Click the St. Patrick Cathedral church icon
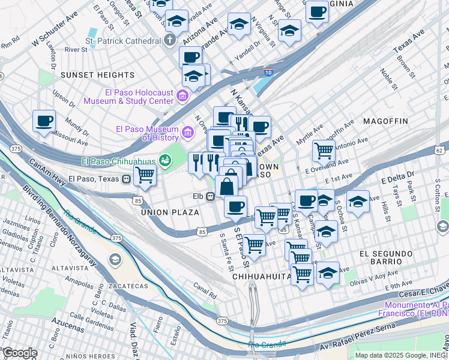pyautogui.click(x=170, y=41)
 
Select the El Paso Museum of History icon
pyautogui.click(x=188, y=131)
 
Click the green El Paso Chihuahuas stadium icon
pyautogui.click(x=163, y=161)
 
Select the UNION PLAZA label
pyautogui.click(x=170, y=212)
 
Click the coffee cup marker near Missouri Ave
pyautogui.click(x=44, y=121)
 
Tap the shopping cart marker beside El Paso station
pyautogui.click(x=145, y=175)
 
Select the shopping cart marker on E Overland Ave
pyautogui.click(x=324, y=150)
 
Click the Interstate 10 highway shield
pyautogui.click(x=267, y=73)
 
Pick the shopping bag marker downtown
pyautogui.click(x=228, y=185)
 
